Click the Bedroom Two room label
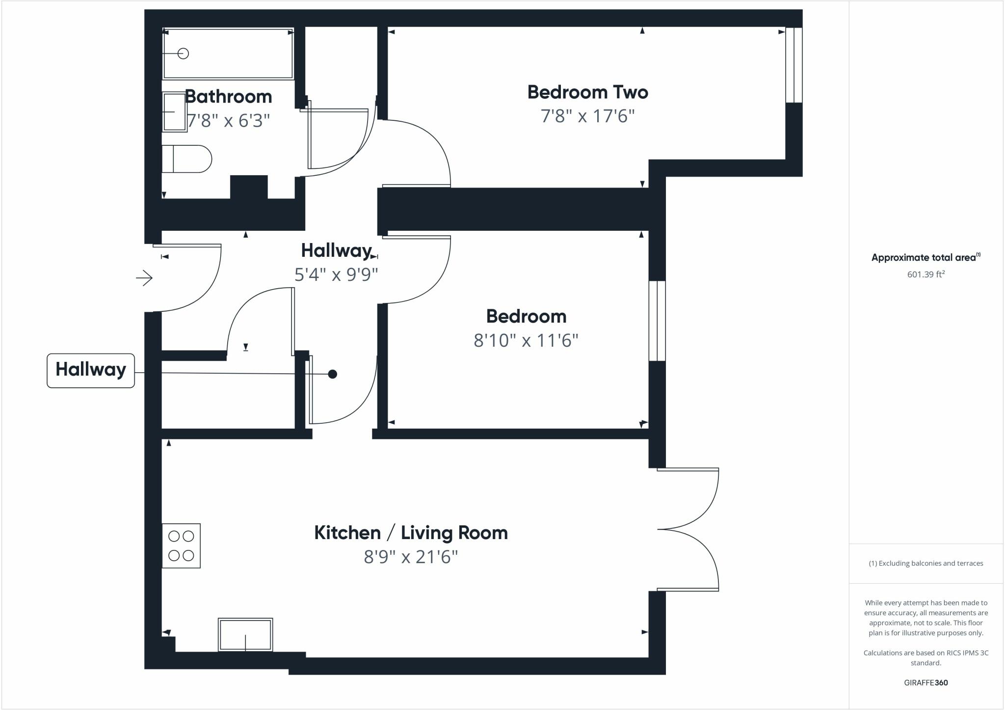(x=587, y=92)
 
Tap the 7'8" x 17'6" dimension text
(x=587, y=116)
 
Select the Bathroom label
(x=229, y=97)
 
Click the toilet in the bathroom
(x=186, y=159)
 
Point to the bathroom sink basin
(x=174, y=112)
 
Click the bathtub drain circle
(x=183, y=54)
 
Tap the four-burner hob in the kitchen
(x=181, y=546)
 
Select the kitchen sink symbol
(x=245, y=634)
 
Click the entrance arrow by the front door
(x=144, y=278)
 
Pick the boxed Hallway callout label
(x=91, y=370)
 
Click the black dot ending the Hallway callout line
(x=332, y=374)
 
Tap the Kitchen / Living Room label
(x=411, y=533)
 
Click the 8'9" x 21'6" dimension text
(x=411, y=557)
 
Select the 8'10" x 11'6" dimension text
(x=526, y=340)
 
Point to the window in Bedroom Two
(x=794, y=65)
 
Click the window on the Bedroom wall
(x=657, y=321)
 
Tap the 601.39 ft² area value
(x=926, y=274)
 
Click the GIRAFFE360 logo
(x=926, y=683)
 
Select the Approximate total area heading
(x=925, y=257)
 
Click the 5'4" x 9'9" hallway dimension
(x=336, y=274)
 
